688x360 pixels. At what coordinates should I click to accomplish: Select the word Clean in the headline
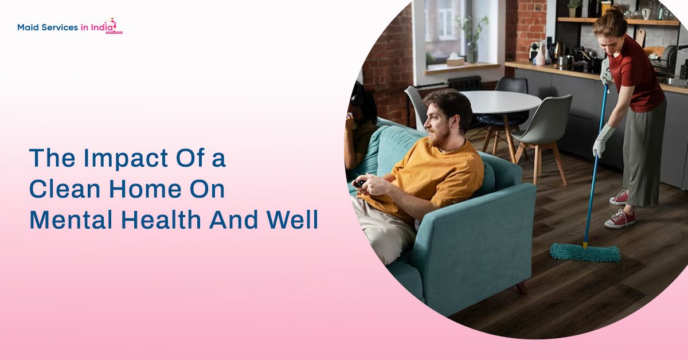(x=61, y=190)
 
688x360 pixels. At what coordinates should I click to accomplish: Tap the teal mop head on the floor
(x=585, y=252)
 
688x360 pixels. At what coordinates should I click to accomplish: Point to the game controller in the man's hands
(x=359, y=184)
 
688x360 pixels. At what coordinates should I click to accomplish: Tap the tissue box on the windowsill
(x=455, y=60)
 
